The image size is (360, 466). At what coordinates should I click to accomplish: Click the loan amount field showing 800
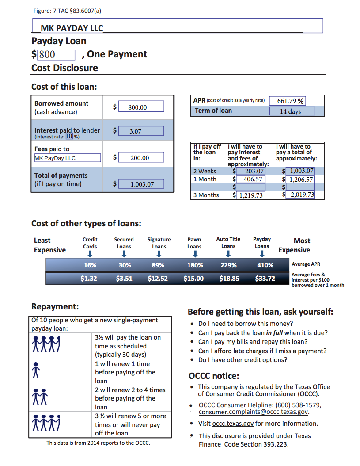click(56, 55)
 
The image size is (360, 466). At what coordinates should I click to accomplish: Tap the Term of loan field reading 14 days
click(292, 111)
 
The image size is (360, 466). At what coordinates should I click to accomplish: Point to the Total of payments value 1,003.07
click(141, 184)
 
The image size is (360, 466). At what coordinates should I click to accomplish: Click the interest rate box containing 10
click(68, 136)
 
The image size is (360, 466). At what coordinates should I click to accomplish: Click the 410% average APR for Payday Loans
click(265, 265)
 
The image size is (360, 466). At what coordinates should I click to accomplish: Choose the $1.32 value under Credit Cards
click(89, 279)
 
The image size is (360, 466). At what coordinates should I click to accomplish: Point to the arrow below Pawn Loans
click(195, 254)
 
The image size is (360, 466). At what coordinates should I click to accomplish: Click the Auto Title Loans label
click(228, 242)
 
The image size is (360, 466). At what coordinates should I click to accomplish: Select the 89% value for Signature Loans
click(158, 265)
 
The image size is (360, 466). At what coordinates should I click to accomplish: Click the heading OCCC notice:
click(213, 376)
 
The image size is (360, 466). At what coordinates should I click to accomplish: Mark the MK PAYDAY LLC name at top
click(72, 28)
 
